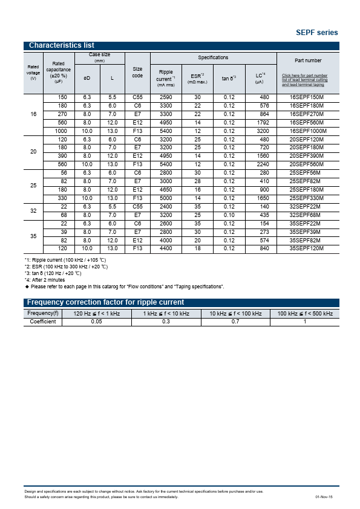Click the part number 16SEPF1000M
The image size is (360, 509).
point(307,131)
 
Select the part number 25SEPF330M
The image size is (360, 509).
point(307,198)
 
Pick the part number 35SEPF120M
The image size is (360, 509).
point(307,248)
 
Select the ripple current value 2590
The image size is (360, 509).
point(166,97)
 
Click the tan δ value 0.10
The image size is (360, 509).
point(229,215)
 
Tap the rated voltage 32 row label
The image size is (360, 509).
point(33,210)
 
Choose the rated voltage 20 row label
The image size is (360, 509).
point(33,152)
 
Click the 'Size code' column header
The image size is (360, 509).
point(137,73)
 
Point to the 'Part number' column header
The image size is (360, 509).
point(308,60)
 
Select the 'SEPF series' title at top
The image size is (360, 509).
point(316,33)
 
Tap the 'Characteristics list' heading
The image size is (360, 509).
point(62,46)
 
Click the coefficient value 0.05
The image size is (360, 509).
point(97,322)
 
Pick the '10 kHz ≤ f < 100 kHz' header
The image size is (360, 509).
point(235,313)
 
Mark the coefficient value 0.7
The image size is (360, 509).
point(235,322)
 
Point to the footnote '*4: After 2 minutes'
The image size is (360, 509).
point(45,280)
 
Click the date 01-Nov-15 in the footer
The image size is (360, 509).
point(324,497)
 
